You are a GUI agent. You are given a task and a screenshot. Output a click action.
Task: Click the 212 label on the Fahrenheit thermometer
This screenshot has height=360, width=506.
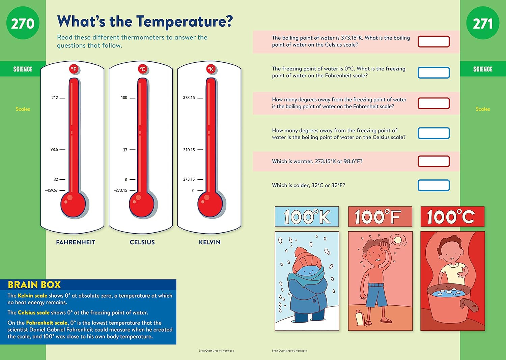(55, 98)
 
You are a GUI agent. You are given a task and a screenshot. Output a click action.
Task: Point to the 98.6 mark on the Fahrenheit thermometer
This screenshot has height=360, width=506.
(54, 149)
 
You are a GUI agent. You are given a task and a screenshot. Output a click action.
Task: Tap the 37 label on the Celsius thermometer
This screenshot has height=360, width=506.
(125, 150)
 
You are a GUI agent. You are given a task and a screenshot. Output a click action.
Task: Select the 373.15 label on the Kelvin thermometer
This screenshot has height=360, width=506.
(189, 98)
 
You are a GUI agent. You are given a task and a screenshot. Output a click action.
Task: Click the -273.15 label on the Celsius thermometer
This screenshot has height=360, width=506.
(120, 190)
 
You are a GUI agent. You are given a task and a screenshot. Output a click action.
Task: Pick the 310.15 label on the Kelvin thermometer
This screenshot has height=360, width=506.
(189, 150)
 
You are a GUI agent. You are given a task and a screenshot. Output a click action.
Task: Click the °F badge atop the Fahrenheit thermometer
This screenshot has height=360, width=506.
(74, 69)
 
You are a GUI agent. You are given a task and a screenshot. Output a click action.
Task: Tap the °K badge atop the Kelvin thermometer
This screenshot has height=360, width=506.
(211, 69)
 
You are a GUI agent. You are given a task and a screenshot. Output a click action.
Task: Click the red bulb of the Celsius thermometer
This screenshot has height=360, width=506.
(142, 204)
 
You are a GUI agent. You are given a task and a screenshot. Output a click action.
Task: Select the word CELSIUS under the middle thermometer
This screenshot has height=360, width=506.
(142, 242)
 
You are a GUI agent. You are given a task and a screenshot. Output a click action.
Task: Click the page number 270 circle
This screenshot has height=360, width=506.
(23, 23)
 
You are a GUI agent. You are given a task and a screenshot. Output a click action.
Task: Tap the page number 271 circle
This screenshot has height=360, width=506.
(483, 23)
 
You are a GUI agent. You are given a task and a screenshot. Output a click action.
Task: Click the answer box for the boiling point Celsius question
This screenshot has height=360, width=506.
(433, 41)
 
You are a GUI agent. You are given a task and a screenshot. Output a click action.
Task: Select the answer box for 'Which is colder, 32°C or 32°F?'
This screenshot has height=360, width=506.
(433, 185)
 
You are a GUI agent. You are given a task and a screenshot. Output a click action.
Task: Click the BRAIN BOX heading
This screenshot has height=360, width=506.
(34, 285)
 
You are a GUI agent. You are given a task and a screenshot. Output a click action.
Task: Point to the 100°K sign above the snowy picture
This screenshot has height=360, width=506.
(307, 217)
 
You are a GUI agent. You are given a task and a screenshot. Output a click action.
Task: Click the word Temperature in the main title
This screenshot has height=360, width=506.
(185, 22)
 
